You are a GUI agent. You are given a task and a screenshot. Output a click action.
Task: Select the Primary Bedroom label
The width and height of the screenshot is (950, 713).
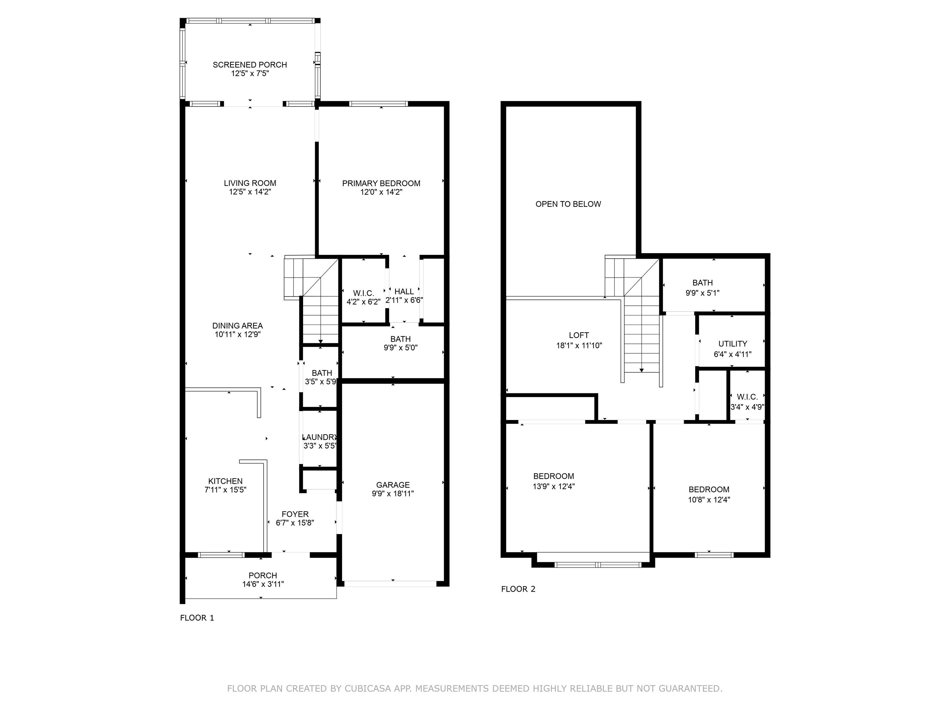pos(381,184)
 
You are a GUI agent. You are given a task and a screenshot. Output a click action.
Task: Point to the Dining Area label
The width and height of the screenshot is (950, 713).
pos(237,326)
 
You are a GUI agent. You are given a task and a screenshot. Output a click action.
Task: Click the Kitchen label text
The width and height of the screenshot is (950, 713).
pos(225,481)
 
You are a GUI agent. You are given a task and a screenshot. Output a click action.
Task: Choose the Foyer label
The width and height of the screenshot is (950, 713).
pos(295,514)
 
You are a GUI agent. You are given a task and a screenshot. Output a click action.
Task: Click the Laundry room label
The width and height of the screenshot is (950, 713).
pos(320,437)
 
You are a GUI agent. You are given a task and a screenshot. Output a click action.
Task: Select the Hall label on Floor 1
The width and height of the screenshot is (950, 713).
pos(404,292)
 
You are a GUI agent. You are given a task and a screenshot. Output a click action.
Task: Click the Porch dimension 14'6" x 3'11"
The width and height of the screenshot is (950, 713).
pos(263,584)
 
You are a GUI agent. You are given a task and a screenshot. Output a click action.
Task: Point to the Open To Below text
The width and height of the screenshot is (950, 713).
pos(568,204)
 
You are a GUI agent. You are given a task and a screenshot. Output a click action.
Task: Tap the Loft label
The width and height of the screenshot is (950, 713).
pos(579,335)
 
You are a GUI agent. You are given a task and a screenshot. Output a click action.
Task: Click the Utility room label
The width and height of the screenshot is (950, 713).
pos(733,344)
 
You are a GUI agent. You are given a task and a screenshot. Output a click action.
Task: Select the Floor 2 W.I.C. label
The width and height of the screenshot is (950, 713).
pos(747,397)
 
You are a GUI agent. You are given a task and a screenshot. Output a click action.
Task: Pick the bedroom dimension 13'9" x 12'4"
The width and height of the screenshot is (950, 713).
pos(554,486)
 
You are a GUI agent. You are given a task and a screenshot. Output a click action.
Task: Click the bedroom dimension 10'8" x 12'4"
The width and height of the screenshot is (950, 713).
pos(709,500)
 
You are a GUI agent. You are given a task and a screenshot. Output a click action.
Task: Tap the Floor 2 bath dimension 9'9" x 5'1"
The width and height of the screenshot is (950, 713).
pos(703,293)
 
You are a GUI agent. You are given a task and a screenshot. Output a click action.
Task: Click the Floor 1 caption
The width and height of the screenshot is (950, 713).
pos(197,618)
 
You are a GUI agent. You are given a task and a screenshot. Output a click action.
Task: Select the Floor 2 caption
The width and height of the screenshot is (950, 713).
pos(518,589)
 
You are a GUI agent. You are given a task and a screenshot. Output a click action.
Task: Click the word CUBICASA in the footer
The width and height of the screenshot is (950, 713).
pos(368,689)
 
